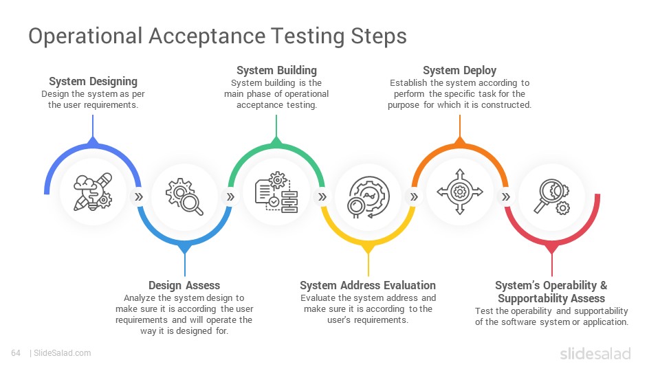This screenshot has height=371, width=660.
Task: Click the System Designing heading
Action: (x=93, y=81)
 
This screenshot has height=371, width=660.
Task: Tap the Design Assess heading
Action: (x=184, y=285)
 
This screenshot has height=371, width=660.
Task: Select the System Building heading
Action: (x=276, y=70)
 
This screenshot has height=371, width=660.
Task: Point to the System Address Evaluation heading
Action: (x=368, y=285)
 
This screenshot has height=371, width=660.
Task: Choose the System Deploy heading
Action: (x=460, y=70)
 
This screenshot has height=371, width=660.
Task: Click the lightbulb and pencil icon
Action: (x=93, y=192)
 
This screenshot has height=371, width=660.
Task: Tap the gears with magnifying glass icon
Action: (x=184, y=197)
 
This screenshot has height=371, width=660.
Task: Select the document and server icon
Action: (x=276, y=192)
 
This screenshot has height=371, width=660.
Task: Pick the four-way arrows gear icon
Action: (x=460, y=192)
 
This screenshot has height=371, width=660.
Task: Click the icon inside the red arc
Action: (x=552, y=197)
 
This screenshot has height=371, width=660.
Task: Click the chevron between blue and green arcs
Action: (x=230, y=197)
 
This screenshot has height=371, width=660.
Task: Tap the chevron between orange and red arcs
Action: (x=506, y=197)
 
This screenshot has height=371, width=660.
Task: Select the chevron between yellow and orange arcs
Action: (x=414, y=197)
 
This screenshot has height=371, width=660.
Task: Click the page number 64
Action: (x=16, y=353)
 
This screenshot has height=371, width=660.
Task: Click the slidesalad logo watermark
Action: (x=595, y=354)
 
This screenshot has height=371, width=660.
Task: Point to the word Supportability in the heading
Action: (x=551, y=298)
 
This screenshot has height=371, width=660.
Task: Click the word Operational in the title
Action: (x=85, y=36)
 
